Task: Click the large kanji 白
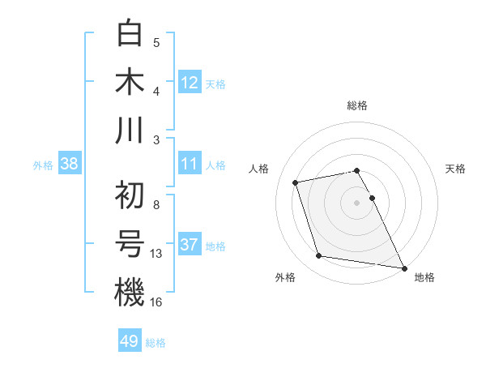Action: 130,34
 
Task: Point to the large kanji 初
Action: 130,195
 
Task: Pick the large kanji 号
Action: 130,243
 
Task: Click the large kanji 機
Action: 130,292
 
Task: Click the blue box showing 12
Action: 190,83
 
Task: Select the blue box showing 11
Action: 190,164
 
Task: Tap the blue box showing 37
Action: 190,245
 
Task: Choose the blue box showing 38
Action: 70,164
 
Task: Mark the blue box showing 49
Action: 130,341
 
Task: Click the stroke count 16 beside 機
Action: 156,302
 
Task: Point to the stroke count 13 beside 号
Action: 156,253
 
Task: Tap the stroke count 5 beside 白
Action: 156,42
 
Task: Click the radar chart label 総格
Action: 356,105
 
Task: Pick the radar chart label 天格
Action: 456,169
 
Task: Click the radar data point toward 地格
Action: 404,268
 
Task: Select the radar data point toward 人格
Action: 296,182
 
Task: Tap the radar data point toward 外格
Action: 319,256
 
